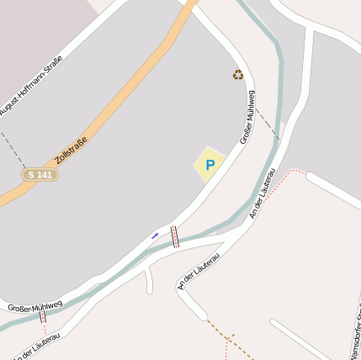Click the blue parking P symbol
210,165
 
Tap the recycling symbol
238,75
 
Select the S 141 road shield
40,174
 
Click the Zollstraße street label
71,151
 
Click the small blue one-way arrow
155,235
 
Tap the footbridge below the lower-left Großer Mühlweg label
42,317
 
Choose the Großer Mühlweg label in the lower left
35,305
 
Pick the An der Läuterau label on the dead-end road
199,269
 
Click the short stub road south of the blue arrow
148,279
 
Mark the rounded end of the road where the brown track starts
201,315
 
